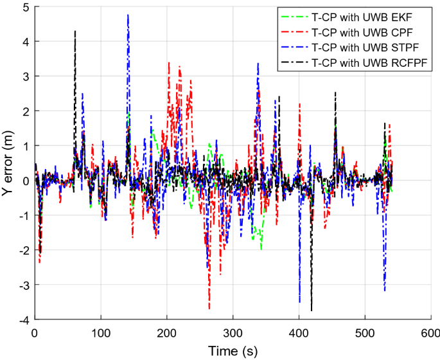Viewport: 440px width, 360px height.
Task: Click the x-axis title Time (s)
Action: pyautogui.click(x=232, y=350)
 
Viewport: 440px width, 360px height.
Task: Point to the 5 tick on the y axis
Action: pyautogui.click(x=26, y=7)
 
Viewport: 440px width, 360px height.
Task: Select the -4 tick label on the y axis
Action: pyautogui.click(x=24, y=319)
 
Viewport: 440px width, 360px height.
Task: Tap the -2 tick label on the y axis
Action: pyautogui.click(x=24, y=250)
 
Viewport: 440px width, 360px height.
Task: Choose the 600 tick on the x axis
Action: pyautogui.click(x=430, y=333)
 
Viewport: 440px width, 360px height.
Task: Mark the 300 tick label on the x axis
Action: pyautogui.click(x=232, y=333)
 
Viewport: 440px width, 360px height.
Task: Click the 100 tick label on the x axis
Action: pyautogui.click(x=100, y=333)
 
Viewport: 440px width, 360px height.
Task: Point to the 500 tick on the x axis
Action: pyautogui.click(x=364, y=333)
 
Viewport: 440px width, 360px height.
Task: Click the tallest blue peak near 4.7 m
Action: pyautogui.click(x=128, y=15)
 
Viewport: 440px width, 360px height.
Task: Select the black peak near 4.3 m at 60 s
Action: pyautogui.click(x=75, y=31)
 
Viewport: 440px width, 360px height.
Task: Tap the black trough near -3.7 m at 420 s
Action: pyautogui.click(x=312, y=310)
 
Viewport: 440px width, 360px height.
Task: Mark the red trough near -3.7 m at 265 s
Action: pyautogui.click(x=209, y=309)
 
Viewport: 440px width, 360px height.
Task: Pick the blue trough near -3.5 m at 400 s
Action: pyautogui.click(x=299, y=301)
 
